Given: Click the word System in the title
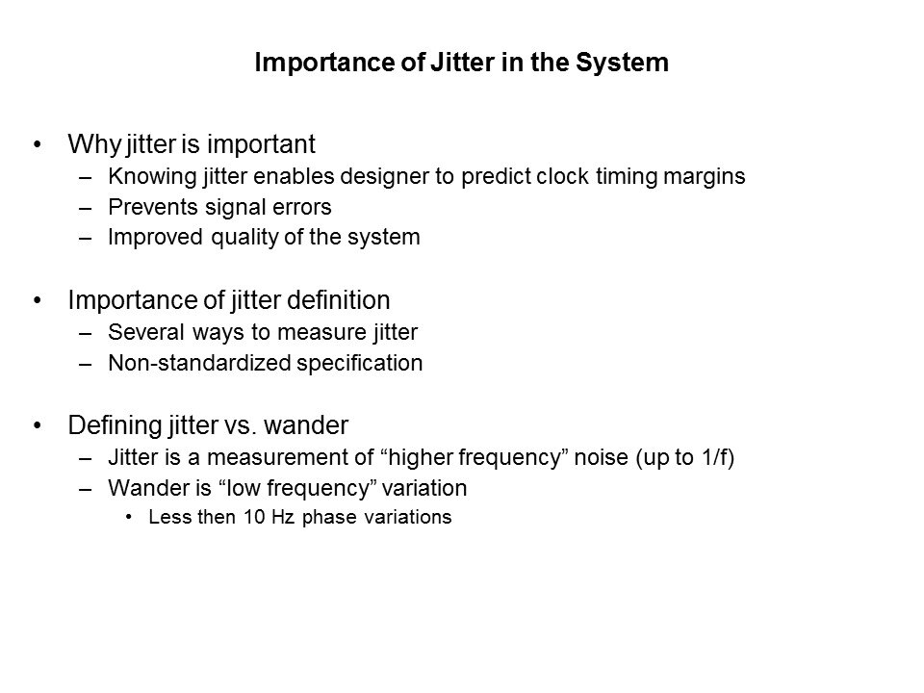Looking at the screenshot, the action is [x=622, y=63].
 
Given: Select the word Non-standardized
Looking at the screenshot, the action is [x=199, y=363].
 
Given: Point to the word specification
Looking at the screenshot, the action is [x=359, y=364].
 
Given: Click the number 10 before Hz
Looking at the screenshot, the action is [x=254, y=517].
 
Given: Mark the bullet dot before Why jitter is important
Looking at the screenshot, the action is [x=38, y=144].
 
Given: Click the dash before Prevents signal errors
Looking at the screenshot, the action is [x=85, y=208].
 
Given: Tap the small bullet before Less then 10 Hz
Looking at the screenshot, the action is [x=129, y=518].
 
